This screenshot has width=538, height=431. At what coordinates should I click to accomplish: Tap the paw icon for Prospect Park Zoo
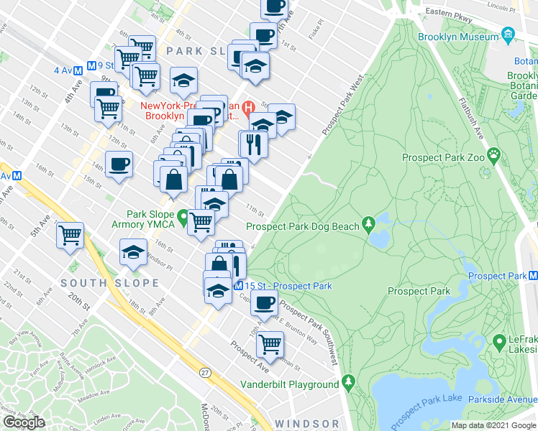tap(494, 154)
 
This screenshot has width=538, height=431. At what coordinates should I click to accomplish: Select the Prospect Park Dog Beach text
tap(302, 227)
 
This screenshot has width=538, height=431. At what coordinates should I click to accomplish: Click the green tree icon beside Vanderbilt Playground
tap(350, 381)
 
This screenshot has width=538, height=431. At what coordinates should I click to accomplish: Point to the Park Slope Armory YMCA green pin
tap(183, 216)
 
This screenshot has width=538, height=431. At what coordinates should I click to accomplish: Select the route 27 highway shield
tap(206, 372)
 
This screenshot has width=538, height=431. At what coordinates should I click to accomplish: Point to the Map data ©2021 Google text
tap(494, 425)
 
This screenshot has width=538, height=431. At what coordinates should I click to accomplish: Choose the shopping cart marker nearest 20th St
tap(70, 235)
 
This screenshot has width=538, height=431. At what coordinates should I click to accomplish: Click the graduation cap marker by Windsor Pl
tap(133, 252)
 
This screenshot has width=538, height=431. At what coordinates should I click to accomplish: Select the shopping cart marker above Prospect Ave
tap(270, 343)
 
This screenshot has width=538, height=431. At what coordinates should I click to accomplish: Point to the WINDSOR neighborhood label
tap(306, 424)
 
